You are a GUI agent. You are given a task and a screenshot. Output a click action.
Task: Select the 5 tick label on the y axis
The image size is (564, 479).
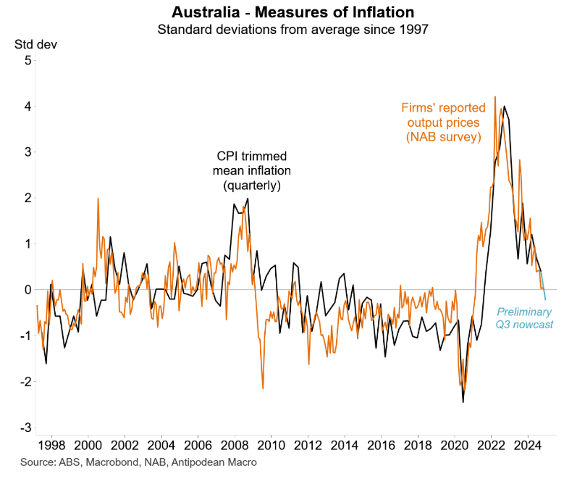[x=28, y=60]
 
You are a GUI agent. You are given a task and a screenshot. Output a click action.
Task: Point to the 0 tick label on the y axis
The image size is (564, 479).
[x=28, y=290]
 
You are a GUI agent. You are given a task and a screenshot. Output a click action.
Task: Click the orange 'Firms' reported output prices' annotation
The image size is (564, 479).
[x=444, y=122]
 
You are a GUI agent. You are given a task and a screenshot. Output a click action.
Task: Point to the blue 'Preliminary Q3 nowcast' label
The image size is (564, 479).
[x=523, y=318]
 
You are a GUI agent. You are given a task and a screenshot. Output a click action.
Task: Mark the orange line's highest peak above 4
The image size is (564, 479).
[x=495, y=96]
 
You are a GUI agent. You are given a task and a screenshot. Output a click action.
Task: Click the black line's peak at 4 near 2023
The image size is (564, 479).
[x=504, y=107]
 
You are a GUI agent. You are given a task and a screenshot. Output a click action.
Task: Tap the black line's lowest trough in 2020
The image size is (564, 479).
[x=463, y=402]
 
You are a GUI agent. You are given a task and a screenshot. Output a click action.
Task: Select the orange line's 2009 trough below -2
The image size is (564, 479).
[x=262, y=389]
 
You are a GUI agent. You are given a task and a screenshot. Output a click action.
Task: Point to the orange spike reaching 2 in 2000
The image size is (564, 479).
[x=98, y=198]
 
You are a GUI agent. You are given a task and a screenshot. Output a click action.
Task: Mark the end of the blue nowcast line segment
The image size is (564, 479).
[x=545, y=299]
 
